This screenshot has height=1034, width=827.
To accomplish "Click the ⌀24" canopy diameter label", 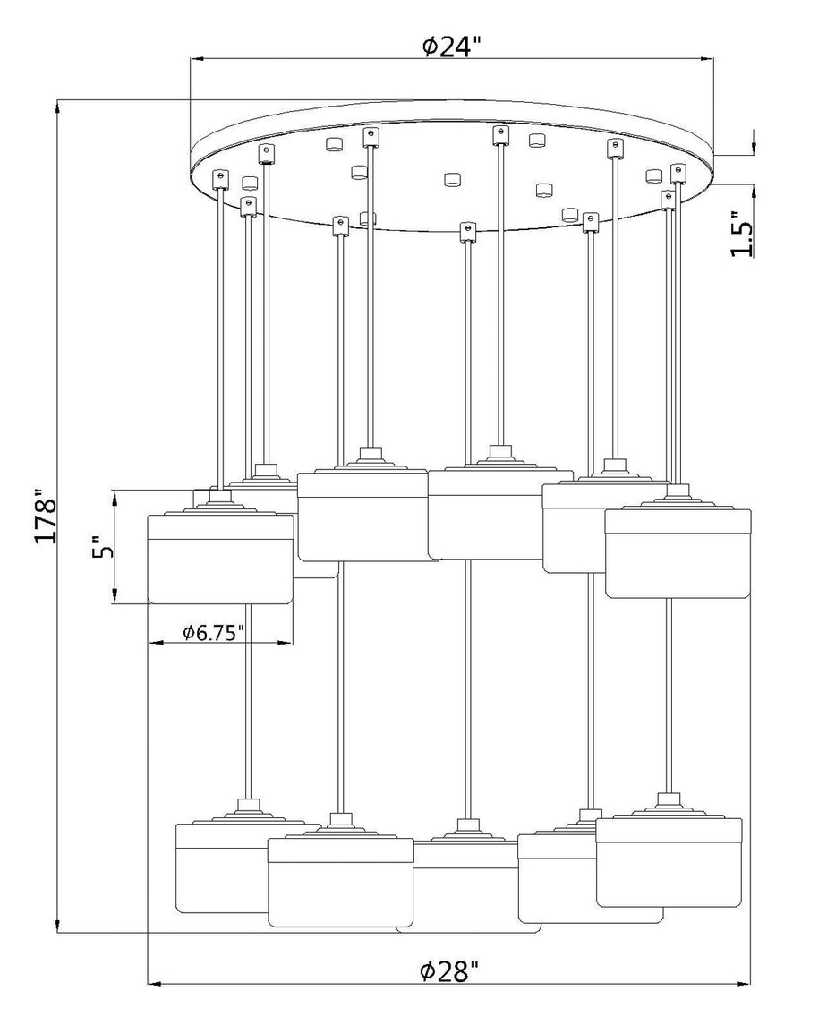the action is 451,47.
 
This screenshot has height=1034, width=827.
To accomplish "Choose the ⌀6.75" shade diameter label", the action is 214,632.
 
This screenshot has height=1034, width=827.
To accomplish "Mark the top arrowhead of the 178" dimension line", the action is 59,107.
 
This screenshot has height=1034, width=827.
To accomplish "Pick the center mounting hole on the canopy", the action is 452,179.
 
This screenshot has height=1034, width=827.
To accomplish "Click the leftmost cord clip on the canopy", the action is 219,178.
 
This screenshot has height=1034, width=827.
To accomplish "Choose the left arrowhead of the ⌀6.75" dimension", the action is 156,642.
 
